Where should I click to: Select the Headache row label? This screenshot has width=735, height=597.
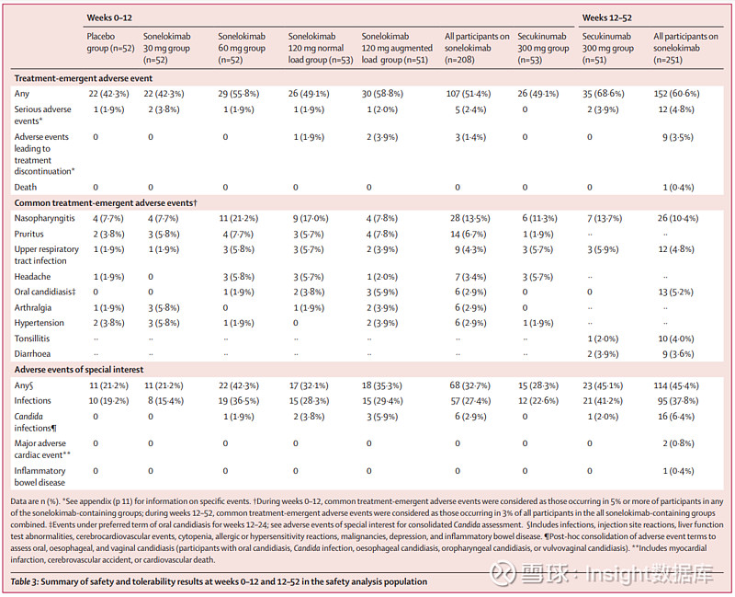click(x=33, y=276)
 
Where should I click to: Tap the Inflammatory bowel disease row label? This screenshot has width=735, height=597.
click(x=41, y=476)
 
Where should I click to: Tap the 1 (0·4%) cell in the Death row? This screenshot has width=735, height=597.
click(x=673, y=187)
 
